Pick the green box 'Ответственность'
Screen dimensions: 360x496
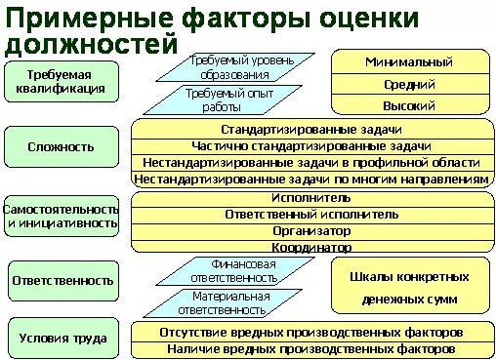coord(62,279)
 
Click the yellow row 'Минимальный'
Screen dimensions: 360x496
coord(408,62)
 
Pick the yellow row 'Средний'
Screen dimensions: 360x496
coord(408,85)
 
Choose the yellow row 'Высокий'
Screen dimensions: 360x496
coord(408,106)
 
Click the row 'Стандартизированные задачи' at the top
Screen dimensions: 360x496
coord(311,129)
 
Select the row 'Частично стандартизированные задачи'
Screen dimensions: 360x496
coord(311,145)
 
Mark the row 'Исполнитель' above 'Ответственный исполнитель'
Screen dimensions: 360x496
coord(311,197)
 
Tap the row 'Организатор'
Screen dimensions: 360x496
coord(311,231)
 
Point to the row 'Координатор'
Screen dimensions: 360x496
coord(311,248)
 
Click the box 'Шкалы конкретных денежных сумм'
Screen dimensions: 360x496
coord(408,286)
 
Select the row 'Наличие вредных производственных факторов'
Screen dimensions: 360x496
coord(310,347)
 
